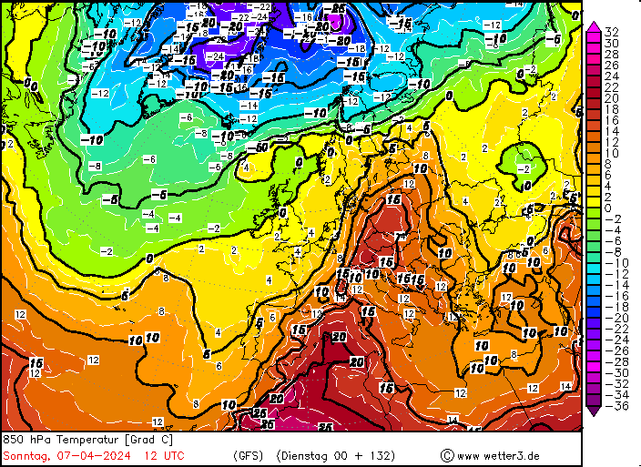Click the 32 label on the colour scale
pyautogui.click(x=611, y=32)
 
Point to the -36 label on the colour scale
pyautogui.click(x=613, y=406)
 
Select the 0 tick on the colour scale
pyautogui.click(x=607, y=208)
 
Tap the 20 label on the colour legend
pyautogui.click(x=611, y=98)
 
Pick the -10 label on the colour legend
pyautogui.click(x=613, y=263)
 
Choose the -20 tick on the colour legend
pyautogui.click(x=613, y=318)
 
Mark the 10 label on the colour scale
pyautogui.click(x=611, y=153)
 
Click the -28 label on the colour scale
pyautogui.click(x=613, y=362)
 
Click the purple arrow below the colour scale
pyautogui.click(x=593, y=409)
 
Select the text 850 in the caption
pyautogui.click(x=14, y=440)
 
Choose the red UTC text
pyautogui.click(x=173, y=455)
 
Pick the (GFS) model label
pyautogui.click(x=249, y=455)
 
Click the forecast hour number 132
pyautogui.click(x=386, y=455)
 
